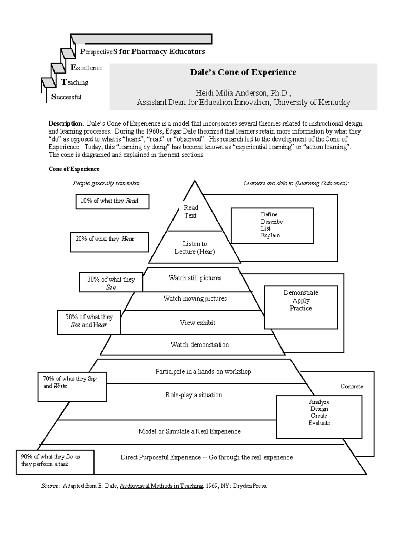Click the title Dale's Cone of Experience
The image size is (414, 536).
(x=243, y=72)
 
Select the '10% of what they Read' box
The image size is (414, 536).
(x=112, y=201)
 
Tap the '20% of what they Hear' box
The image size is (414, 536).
(x=109, y=242)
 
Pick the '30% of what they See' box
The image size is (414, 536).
(x=111, y=283)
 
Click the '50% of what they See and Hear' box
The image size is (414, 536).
(x=89, y=322)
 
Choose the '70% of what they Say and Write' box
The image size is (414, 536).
(x=72, y=387)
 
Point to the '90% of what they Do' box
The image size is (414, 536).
(x=55, y=462)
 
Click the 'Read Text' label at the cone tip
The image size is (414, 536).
(x=190, y=212)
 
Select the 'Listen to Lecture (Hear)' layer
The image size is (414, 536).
(x=195, y=248)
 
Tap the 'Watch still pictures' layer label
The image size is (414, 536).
(x=195, y=278)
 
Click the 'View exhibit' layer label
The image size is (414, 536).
(x=197, y=323)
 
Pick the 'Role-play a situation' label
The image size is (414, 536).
(x=194, y=395)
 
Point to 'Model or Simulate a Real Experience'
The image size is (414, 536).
(x=189, y=431)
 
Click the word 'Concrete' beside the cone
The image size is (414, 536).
(x=352, y=387)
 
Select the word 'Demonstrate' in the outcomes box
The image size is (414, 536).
(x=301, y=293)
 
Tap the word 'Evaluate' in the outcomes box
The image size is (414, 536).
(x=319, y=423)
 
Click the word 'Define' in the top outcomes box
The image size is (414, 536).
(x=269, y=214)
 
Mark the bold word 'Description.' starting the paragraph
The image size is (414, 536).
(x=66, y=124)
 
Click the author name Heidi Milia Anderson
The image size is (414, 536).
(x=228, y=93)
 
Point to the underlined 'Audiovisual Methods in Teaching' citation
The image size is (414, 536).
(x=161, y=486)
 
